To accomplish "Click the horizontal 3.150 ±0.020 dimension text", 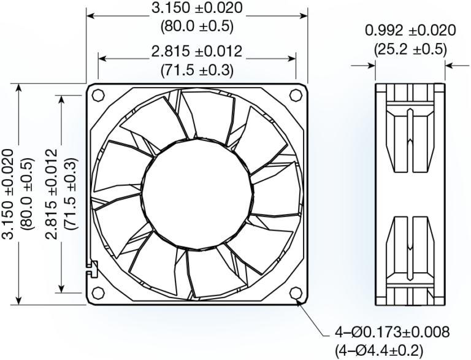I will click(196, 9).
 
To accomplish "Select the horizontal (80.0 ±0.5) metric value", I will click(196, 27).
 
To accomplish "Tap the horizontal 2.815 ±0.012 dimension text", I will click(196, 52).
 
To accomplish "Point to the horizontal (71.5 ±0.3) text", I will click(196, 70).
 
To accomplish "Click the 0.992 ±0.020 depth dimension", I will click(410, 30).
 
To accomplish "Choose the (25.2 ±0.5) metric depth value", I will click(410, 48).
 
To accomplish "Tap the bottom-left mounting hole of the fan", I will click(98, 292).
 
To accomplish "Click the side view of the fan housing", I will click(410, 193).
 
